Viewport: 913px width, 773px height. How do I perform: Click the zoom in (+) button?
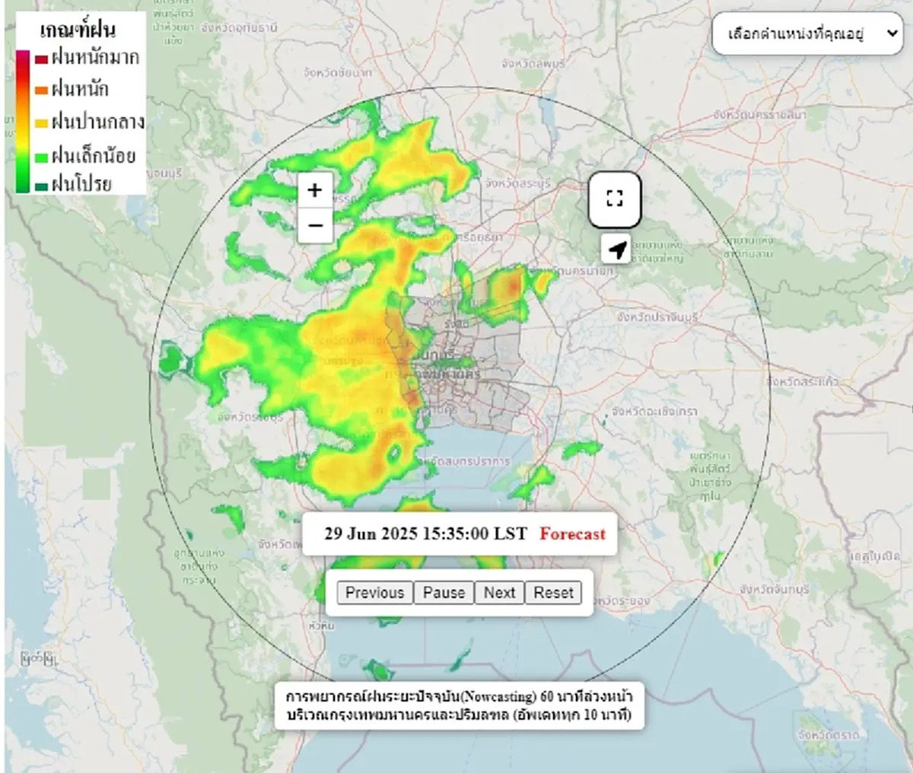(315, 190)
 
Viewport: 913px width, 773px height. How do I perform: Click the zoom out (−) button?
(315, 225)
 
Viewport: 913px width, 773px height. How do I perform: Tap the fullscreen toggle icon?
(615, 199)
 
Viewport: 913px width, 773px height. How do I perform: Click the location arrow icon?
(617, 249)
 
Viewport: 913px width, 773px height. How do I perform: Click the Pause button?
(444, 593)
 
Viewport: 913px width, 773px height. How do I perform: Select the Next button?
(499, 593)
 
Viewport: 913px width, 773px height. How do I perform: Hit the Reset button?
(553, 593)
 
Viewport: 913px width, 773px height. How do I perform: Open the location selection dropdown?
(806, 34)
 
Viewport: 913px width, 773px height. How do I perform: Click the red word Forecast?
(572, 534)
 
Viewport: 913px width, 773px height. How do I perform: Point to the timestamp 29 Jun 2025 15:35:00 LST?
(425, 534)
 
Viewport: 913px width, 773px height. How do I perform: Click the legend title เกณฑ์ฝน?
(78, 30)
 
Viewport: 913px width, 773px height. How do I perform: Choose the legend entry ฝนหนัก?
(80, 90)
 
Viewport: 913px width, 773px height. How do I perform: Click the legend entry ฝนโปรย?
(81, 184)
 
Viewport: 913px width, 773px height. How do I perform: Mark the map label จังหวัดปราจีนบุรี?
(657, 317)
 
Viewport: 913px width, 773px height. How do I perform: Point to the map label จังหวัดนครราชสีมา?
(759, 114)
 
